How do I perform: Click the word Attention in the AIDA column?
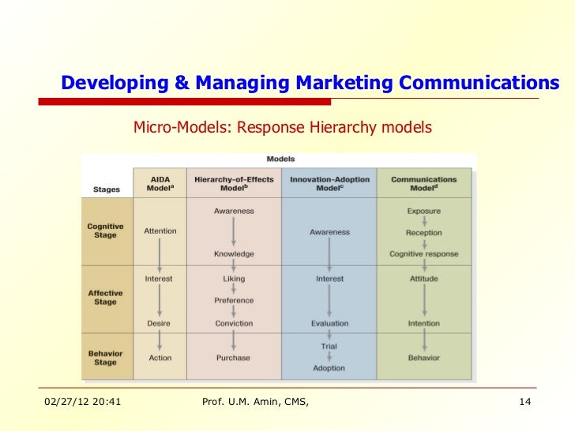coord(160,231)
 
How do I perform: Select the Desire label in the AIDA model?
coord(158,323)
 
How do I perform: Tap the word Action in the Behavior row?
coord(160,358)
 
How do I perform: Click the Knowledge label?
coord(234,254)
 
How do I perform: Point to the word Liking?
coord(234,279)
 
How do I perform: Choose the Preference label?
coord(234,301)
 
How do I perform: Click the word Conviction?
coord(234,323)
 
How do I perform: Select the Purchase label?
coord(234,358)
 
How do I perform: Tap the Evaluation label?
coord(329,323)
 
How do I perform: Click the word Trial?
coord(329,347)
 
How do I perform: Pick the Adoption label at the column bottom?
coord(329,369)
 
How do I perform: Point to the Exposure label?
coord(423,211)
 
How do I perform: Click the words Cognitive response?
coord(423,254)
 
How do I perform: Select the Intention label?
coord(423,323)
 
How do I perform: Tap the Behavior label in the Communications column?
coord(423,358)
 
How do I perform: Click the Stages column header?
coord(107,189)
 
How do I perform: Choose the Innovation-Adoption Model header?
coord(329,184)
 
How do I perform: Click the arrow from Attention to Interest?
coord(160,254)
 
